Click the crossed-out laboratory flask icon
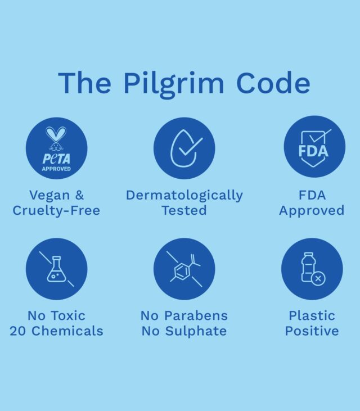pyautogui.click(x=56, y=269)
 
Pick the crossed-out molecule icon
pyautogui.click(x=184, y=269)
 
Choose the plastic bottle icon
pyautogui.click(x=312, y=269)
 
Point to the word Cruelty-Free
pyautogui.click(x=56, y=210)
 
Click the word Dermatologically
pyautogui.click(x=184, y=196)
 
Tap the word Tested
pyautogui.click(x=184, y=210)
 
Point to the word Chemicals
pyautogui.click(x=67, y=331)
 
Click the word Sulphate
pyautogui.click(x=195, y=331)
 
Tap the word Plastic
pyautogui.click(x=312, y=315)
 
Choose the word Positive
pyautogui.click(x=312, y=331)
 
